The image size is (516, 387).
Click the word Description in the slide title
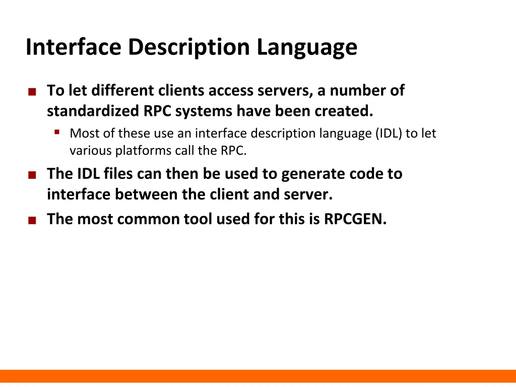[x=188, y=47]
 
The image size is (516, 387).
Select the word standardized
[x=91, y=111]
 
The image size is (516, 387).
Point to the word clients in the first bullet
[x=181, y=91]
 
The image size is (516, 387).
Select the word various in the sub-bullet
[x=90, y=151]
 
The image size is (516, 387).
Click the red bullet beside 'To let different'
[x=32, y=92]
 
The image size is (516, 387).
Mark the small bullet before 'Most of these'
[x=57, y=133]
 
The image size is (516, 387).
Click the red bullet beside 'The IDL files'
[x=32, y=175]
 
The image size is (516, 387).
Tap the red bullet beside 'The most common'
[x=32, y=220]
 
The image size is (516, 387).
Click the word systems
[x=204, y=111]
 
